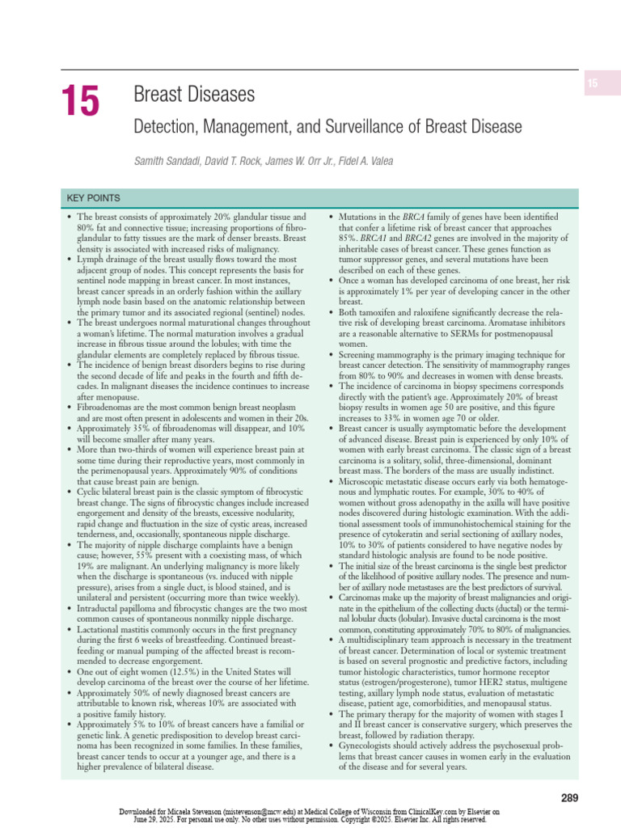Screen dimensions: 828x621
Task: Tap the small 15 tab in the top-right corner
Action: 592,84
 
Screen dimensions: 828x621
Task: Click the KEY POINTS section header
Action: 94,198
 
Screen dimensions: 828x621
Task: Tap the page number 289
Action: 569,798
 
